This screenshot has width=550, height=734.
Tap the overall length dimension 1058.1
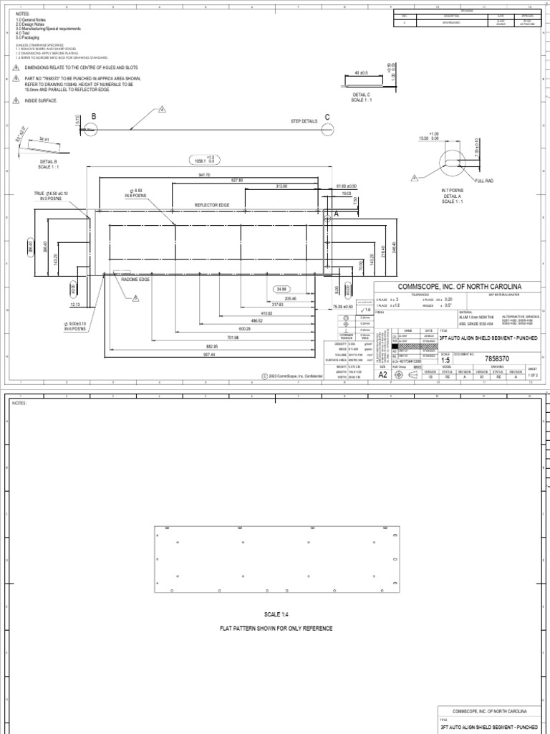(209, 160)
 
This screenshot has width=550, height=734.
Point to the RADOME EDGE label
(115, 279)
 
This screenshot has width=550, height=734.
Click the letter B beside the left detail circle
(92, 116)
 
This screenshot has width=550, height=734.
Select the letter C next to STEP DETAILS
(327, 117)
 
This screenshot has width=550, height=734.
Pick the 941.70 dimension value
(205, 173)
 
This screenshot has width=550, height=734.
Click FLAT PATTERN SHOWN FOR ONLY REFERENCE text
(276, 629)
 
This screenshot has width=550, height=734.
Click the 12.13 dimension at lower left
(76, 305)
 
